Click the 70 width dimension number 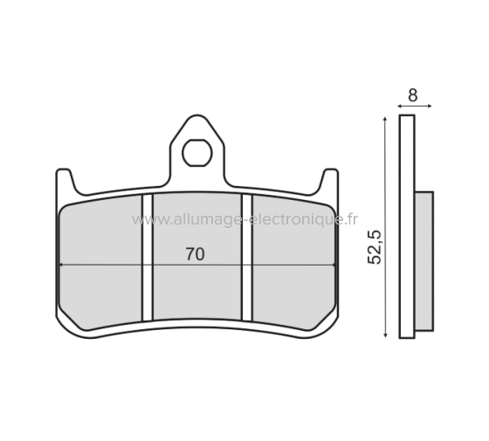point(195,255)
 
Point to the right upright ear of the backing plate point(330,181)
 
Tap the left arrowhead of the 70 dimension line point(63,265)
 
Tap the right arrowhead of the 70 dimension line point(333,265)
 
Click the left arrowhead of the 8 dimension point(401,107)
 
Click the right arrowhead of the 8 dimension point(428,107)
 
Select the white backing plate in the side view point(406,227)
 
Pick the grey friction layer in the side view point(423,262)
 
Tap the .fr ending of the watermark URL point(351,220)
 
